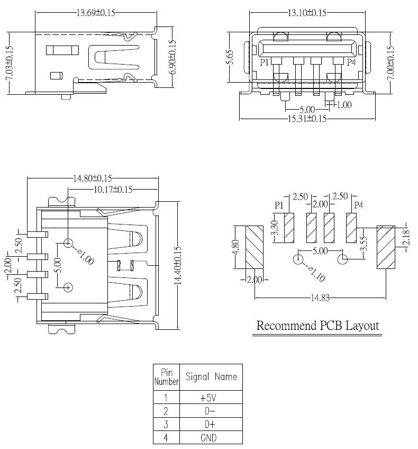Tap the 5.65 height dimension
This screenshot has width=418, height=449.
[230, 57]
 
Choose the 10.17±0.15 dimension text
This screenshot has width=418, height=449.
[113, 189]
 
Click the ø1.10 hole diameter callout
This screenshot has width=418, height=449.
[318, 274]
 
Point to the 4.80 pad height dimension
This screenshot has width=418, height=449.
[236, 247]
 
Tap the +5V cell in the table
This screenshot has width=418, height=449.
[211, 397]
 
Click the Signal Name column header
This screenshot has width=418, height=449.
[211, 377]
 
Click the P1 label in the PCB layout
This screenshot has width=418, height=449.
[279, 204]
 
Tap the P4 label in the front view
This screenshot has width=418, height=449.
[351, 62]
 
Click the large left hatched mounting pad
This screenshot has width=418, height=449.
[256, 247]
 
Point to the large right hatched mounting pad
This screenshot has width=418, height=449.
[385, 247]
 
